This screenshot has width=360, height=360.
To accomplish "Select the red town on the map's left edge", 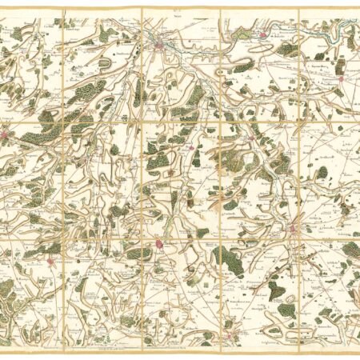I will click(x=6, y=135).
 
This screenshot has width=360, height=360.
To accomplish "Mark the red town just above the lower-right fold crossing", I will click(x=293, y=230).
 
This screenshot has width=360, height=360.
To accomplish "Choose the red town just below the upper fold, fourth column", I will click(x=251, y=138).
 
